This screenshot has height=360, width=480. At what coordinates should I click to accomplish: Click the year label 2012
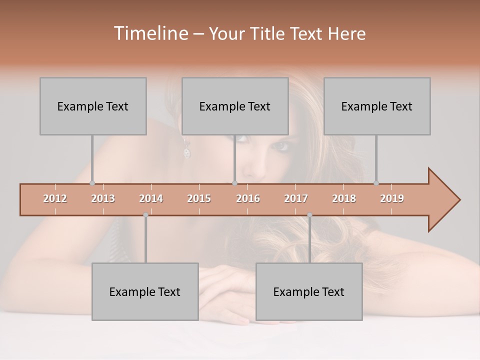tap(55, 198)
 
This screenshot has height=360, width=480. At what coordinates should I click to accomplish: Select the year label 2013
tap(103, 198)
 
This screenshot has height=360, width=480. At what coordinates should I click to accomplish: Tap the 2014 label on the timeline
tap(151, 198)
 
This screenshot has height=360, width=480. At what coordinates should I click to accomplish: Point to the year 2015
tap(199, 198)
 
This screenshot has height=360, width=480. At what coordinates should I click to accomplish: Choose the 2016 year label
tap(248, 198)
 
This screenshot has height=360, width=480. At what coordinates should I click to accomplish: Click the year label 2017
tap(296, 198)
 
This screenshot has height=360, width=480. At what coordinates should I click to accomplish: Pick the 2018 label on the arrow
tap(344, 198)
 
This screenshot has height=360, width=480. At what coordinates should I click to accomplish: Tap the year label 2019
tap(392, 198)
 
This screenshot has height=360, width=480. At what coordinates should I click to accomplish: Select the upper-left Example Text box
tap(93, 106)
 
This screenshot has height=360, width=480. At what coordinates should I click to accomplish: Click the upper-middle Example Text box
tap(235, 106)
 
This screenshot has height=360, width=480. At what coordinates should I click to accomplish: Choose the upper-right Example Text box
tap(377, 106)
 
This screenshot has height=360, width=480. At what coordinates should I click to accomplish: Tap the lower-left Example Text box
tap(145, 291)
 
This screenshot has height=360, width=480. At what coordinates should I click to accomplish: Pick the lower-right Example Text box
tap(309, 291)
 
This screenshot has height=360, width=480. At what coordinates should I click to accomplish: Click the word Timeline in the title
tap(150, 33)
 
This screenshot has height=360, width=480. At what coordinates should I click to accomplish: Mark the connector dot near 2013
tap(92, 183)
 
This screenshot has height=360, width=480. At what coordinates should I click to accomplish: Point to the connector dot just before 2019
tap(376, 183)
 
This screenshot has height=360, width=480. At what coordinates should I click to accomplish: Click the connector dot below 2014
tap(145, 215)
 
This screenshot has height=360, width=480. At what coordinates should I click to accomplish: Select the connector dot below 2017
tap(309, 215)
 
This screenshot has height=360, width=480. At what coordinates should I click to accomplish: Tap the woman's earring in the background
tap(187, 151)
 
